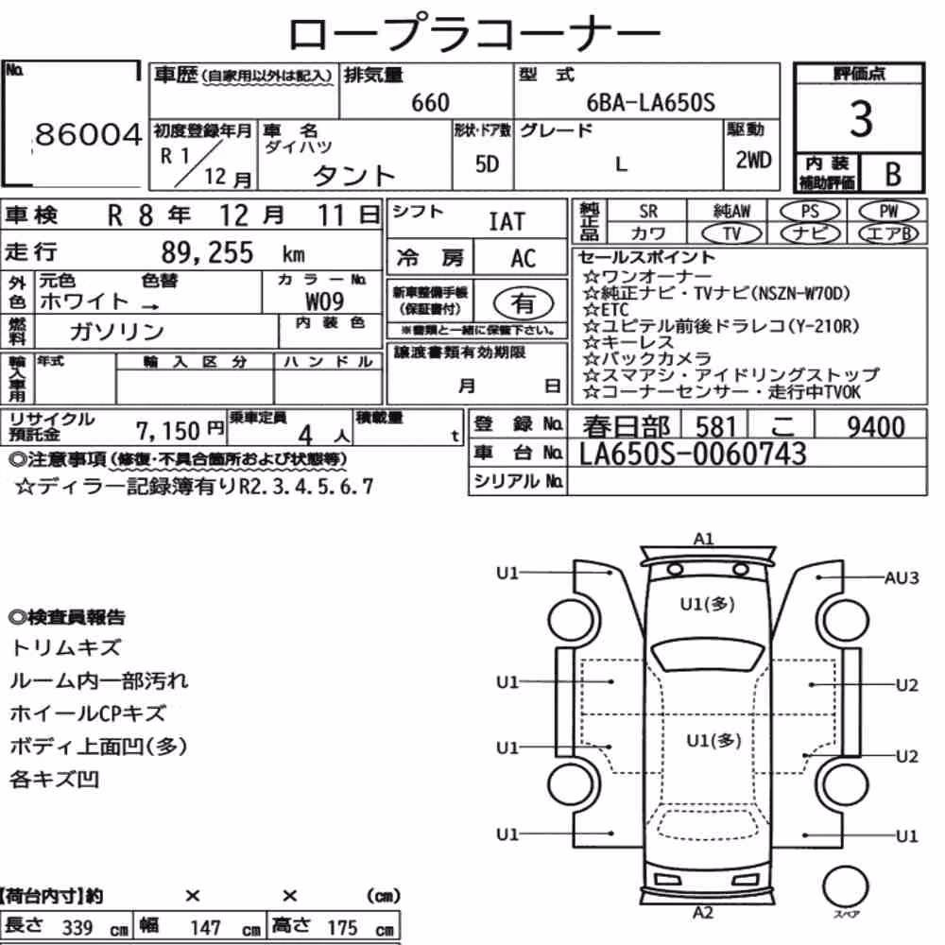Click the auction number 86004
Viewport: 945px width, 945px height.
tap(88, 134)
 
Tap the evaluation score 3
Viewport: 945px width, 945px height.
tap(861, 118)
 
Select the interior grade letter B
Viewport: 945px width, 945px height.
tap(893, 174)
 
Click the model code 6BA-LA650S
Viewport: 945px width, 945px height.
tap(650, 102)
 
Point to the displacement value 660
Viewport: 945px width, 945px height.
tap(430, 102)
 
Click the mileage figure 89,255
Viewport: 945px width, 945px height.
tap(207, 252)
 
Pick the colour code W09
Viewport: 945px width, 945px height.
tap(324, 301)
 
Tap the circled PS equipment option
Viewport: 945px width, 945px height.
tap(810, 212)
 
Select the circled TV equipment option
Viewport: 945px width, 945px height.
tap(732, 233)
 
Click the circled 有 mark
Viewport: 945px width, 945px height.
tap(523, 302)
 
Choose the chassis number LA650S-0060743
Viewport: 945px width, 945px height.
tap(693, 455)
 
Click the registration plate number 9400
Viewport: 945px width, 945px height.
tap(876, 427)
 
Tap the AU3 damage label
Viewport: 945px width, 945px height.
tap(901, 578)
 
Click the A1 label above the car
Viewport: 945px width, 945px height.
tap(703, 539)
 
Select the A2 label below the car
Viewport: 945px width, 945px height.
tap(703, 913)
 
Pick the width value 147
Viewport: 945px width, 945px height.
tap(205, 928)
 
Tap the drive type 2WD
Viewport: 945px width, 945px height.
tap(753, 161)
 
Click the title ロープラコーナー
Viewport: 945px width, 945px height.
tap(474, 33)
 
